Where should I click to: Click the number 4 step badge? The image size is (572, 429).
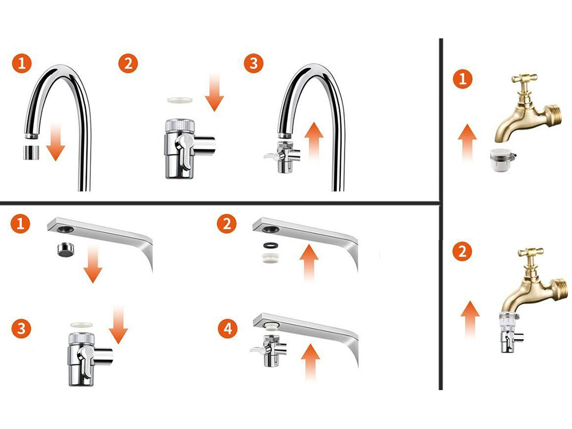pos(228,329)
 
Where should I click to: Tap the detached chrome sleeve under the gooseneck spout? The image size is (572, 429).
pos(31,152)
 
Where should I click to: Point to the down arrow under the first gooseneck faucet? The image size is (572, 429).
pos(55,141)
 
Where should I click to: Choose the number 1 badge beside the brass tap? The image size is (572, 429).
pos(463,79)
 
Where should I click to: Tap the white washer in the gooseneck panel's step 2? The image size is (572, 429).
pos(181,100)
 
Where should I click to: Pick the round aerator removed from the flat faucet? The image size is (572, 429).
pos(66,249)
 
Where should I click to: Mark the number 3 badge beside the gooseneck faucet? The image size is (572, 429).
pos(253,63)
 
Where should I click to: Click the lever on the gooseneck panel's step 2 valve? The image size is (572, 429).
pos(184,151)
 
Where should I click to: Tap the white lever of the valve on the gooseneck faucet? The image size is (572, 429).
pos(272,156)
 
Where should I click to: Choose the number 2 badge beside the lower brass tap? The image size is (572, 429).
pos(462,252)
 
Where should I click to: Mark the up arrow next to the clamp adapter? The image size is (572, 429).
pos(467,143)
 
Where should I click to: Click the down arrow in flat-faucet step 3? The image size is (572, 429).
pos(118,324)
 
